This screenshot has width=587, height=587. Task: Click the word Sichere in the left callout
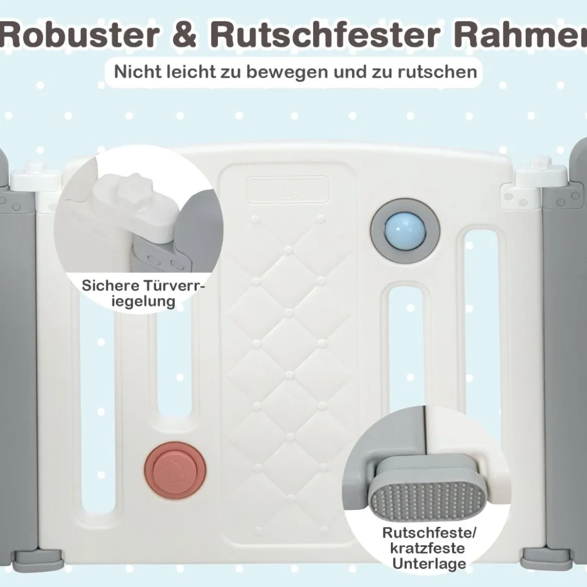(x=108, y=285)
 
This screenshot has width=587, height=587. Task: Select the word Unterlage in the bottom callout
(x=429, y=564)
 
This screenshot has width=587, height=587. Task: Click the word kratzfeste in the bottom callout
(x=427, y=548)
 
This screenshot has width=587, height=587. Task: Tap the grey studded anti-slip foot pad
(x=427, y=498)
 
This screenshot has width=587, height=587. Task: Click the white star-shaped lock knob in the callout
(x=134, y=186)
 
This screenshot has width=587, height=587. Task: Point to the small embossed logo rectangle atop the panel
(x=287, y=189)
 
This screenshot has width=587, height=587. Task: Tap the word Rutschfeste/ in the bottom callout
(x=429, y=533)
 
